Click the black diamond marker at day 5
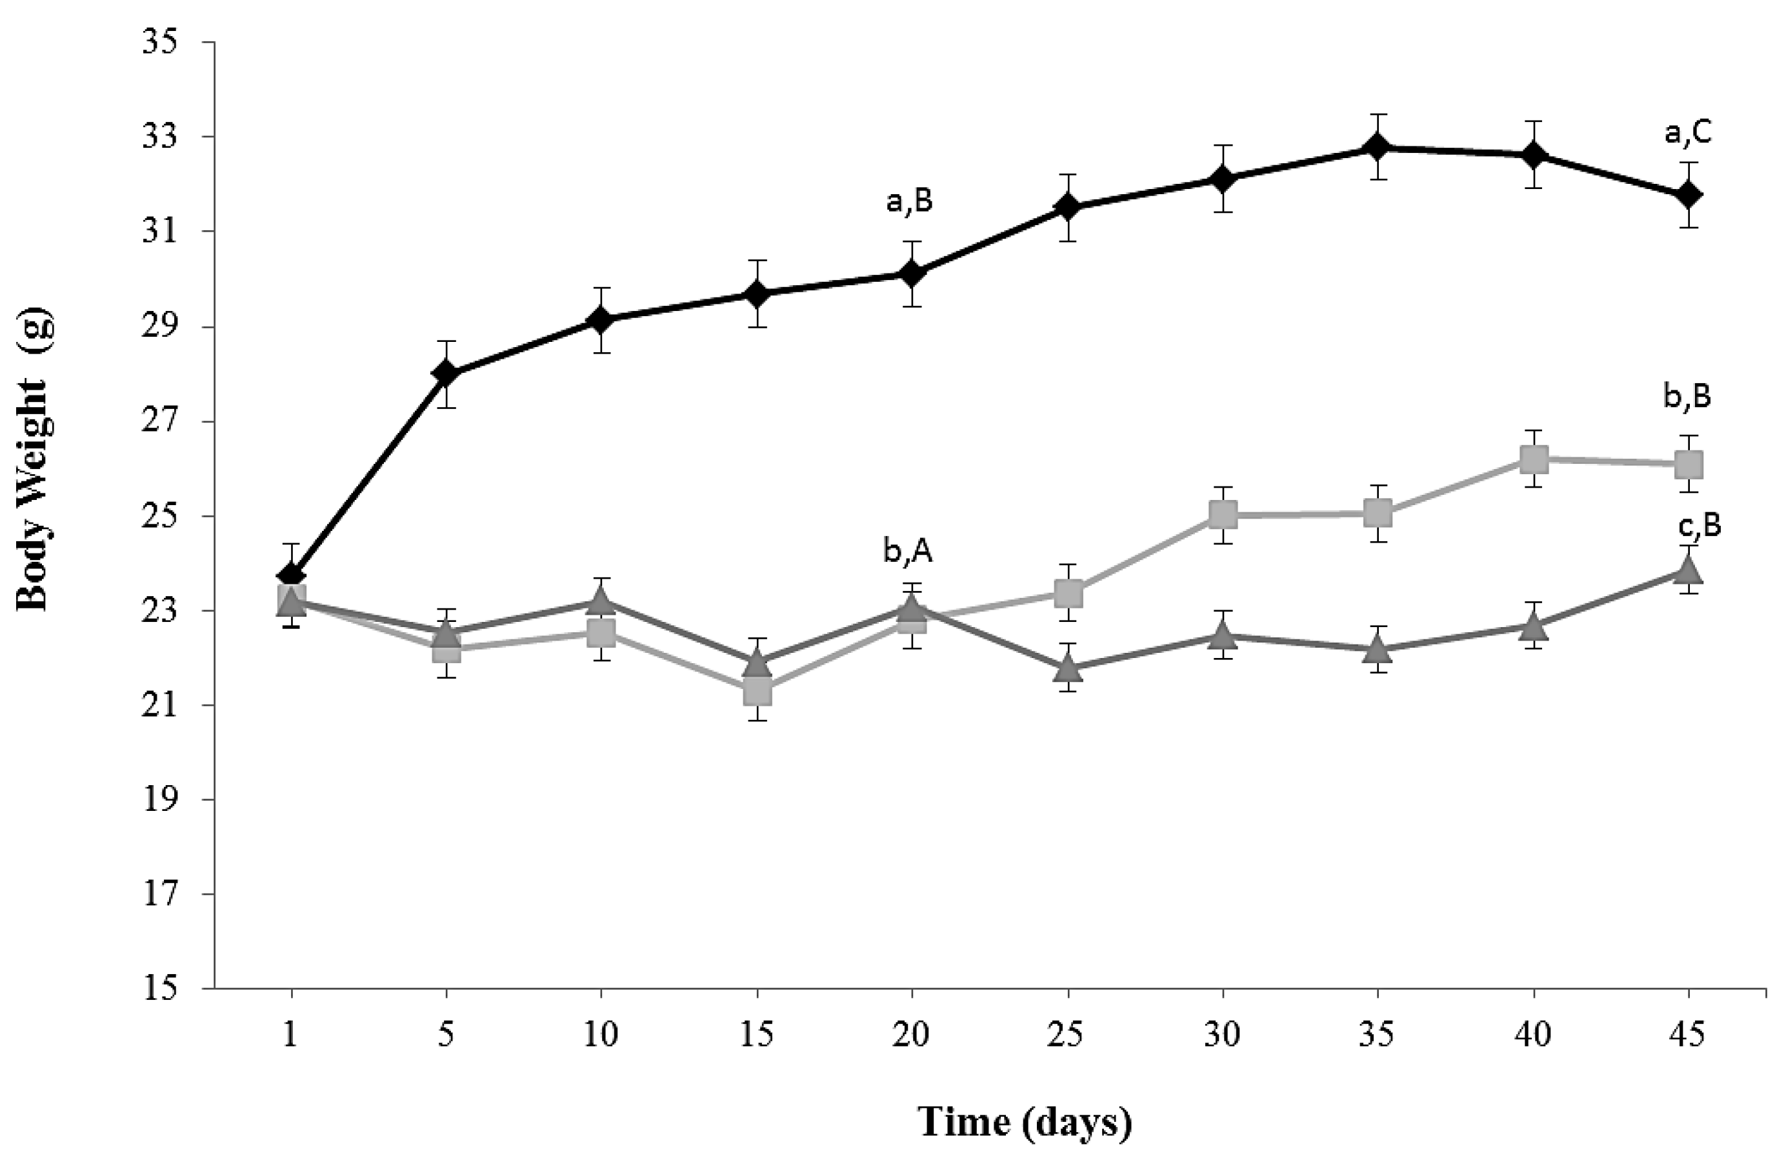(446, 373)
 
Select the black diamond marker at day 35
(1377, 147)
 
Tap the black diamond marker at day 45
(1689, 195)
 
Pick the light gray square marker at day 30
(1223, 515)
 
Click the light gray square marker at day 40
(1534, 459)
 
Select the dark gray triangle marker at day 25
(1068, 667)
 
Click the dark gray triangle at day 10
(601, 599)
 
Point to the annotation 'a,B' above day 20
(910, 202)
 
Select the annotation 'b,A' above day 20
(908, 552)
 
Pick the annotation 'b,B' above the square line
(1687, 397)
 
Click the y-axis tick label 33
(160, 137)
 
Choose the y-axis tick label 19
(160, 800)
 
